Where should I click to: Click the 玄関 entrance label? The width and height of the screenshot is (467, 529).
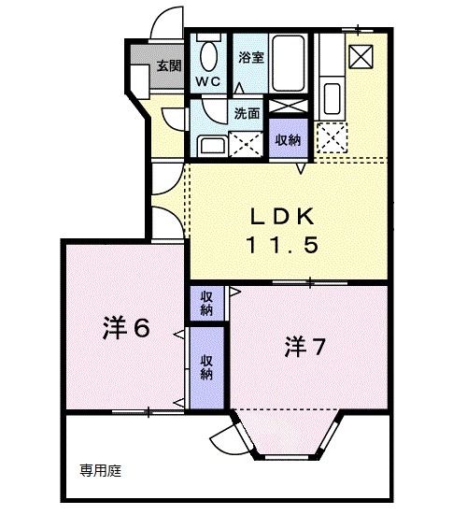(x=168, y=65)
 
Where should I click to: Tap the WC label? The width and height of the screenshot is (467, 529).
(x=206, y=80)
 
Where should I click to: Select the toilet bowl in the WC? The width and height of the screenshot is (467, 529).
(x=207, y=56)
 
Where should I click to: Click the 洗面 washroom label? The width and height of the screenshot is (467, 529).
(x=247, y=114)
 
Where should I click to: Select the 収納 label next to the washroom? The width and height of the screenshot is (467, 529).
(x=287, y=139)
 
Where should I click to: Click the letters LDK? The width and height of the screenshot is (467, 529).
(x=284, y=216)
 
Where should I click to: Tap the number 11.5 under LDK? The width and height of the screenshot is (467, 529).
(x=284, y=246)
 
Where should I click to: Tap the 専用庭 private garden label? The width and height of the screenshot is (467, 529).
(x=100, y=471)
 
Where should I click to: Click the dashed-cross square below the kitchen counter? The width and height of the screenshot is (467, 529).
(x=331, y=140)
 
